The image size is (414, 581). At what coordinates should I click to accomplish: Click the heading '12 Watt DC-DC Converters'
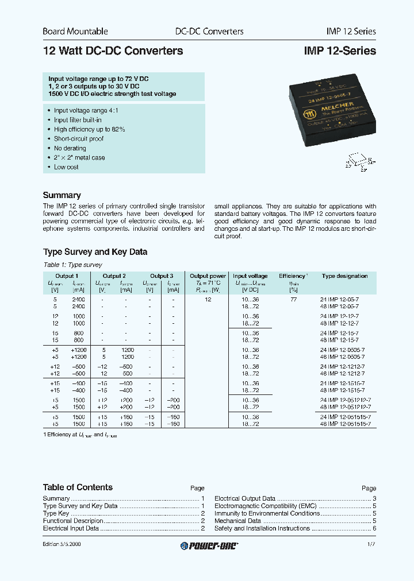(113, 51)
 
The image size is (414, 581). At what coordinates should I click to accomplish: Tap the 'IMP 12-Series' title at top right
(339, 51)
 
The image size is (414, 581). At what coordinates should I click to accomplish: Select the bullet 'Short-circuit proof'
(79, 139)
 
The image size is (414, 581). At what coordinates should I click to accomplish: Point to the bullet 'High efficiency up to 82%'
(89, 130)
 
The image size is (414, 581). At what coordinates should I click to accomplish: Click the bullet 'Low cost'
(66, 167)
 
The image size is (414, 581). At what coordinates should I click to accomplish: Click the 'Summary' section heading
(62, 195)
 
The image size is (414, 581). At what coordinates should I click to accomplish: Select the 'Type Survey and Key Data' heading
(95, 252)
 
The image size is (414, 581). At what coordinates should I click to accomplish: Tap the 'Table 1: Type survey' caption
(72, 265)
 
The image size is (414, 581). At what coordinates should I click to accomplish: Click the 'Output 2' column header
(114, 276)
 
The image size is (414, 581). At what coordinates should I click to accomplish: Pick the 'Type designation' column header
(344, 276)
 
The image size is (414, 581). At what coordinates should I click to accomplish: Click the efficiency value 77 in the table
(293, 300)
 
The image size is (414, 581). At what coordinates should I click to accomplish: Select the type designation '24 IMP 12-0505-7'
(343, 349)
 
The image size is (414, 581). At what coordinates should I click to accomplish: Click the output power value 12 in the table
(208, 300)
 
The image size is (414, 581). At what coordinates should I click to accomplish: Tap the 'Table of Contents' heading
(78, 487)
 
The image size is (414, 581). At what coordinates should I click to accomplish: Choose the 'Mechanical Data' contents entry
(237, 521)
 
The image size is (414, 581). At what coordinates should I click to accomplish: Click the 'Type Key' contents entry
(56, 513)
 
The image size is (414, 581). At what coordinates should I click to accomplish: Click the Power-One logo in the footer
(209, 545)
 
